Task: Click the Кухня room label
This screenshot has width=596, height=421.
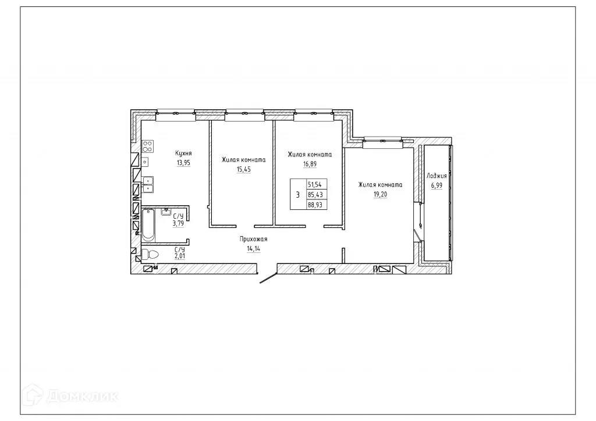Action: [184, 154]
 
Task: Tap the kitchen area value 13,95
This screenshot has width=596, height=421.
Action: [184, 163]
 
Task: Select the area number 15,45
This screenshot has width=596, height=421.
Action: [244, 169]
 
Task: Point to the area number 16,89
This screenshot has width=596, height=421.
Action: [310, 165]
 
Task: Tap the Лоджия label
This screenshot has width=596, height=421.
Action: [437, 175]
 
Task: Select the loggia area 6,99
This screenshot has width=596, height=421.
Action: [437, 185]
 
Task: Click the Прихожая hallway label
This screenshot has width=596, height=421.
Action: [253, 239]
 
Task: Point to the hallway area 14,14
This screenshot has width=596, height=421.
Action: [253, 248]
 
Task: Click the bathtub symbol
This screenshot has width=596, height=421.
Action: [148, 224]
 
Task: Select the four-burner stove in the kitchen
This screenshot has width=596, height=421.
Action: [147, 145]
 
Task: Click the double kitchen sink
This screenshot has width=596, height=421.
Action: [147, 184]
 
